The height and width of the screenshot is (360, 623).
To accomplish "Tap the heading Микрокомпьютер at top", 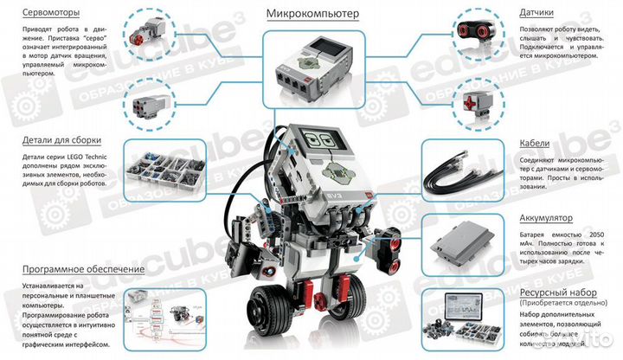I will click(312, 14).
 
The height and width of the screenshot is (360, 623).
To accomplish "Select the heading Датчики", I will click(543, 14).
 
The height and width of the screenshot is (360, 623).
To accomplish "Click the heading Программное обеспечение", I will click(72, 269).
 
